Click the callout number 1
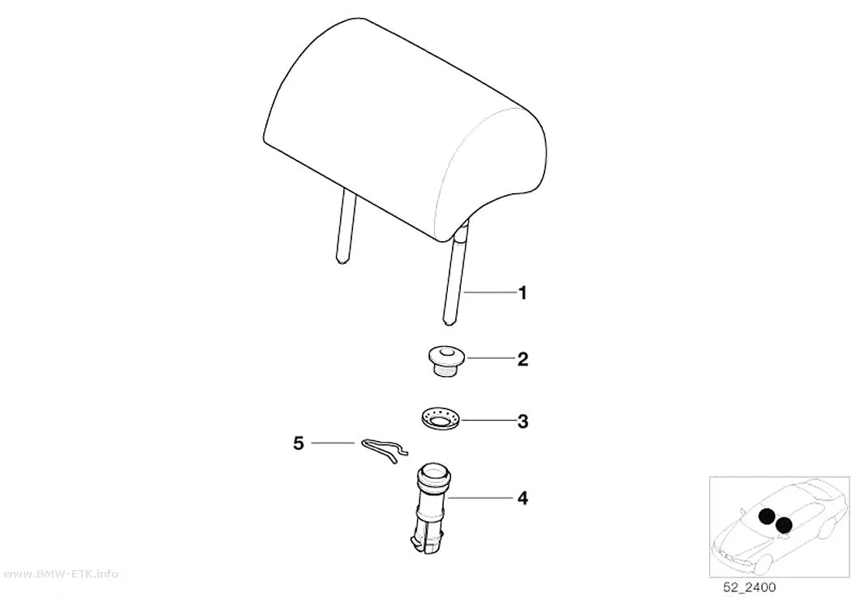point(523,293)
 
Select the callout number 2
point(523,359)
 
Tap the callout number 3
point(523,422)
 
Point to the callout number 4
point(523,498)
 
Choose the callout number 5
point(299,443)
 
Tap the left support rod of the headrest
point(346,227)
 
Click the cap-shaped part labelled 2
point(445,362)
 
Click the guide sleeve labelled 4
point(431,508)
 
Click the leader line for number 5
point(333,443)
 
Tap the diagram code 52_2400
point(749,587)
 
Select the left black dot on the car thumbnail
point(767,517)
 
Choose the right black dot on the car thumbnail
point(784,525)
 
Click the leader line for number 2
point(490,358)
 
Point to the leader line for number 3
point(488,420)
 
